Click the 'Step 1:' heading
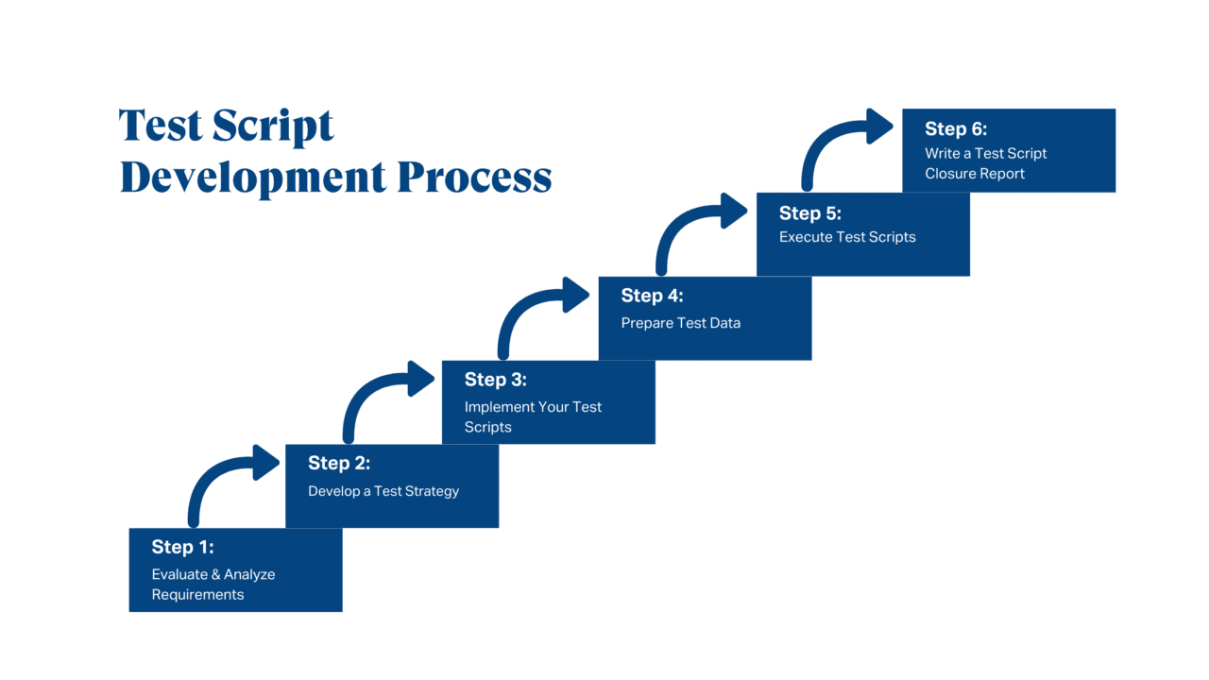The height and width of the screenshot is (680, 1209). click(182, 547)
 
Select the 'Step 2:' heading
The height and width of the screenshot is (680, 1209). click(339, 463)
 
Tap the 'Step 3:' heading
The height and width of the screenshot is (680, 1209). click(495, 380)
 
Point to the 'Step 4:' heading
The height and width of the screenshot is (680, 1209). click(652, 296)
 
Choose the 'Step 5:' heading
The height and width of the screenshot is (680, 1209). click(809, 212)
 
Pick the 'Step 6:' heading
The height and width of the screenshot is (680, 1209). click(956, 129)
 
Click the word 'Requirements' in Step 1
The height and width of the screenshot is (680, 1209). click(197, 595)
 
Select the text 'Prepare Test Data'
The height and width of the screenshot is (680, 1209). click(680, 323)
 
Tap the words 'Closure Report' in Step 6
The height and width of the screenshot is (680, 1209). click(975, 174)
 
